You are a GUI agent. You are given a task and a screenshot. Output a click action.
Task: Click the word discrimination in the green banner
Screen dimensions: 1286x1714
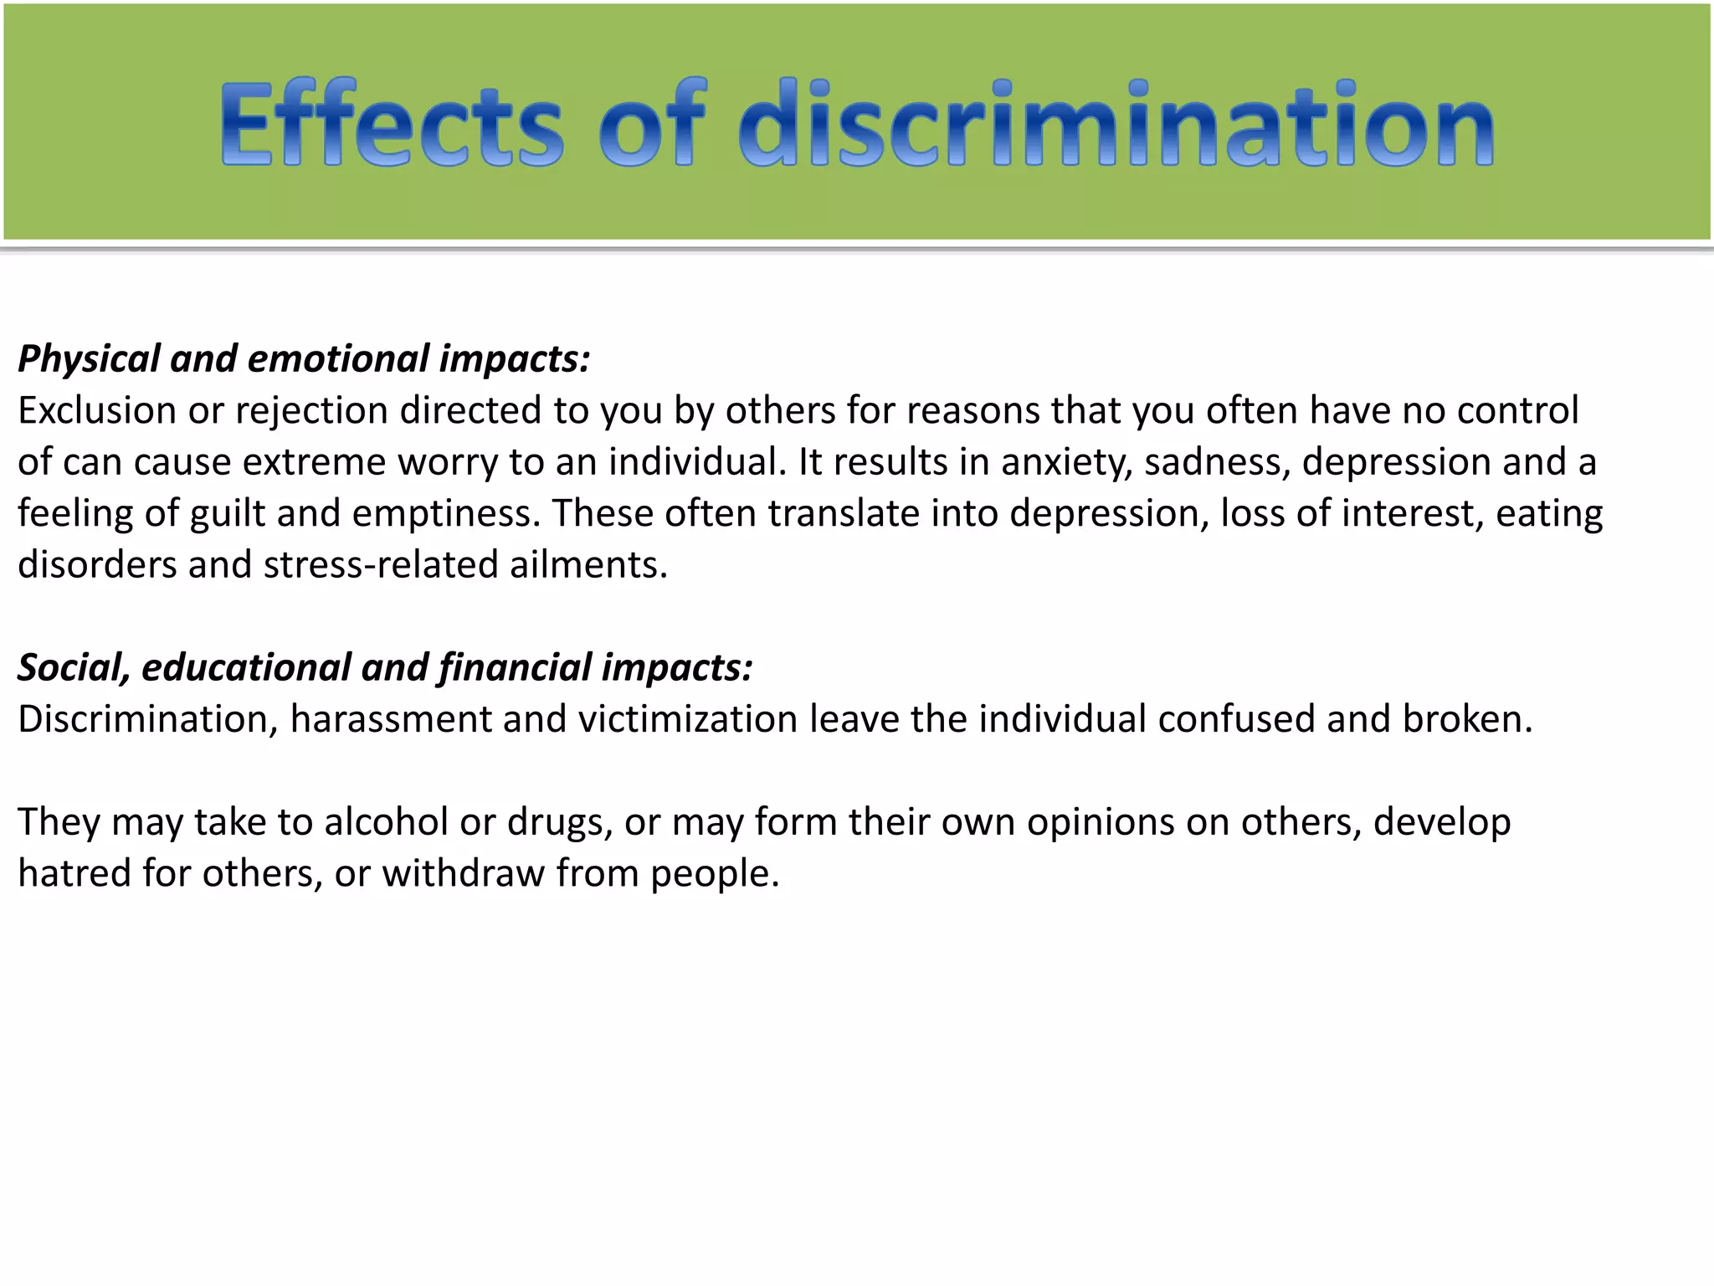coord(1116,124)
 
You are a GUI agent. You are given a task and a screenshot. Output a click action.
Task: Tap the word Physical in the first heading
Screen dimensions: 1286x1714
coord(89,359)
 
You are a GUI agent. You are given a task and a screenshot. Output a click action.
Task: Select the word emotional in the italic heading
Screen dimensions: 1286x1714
coord(338,359)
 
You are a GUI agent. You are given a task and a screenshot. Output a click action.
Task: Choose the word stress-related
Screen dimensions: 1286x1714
coord(381,565)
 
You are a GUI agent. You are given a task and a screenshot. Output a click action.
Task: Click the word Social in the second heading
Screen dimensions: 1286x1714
coord(74,668)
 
